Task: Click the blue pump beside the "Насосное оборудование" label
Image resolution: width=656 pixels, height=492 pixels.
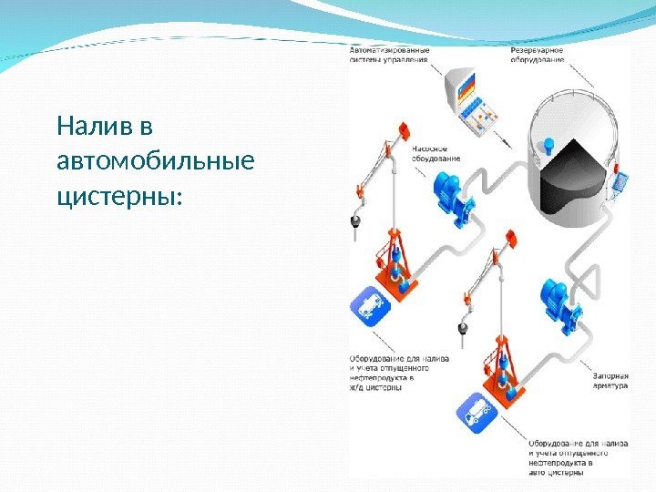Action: point(450,196)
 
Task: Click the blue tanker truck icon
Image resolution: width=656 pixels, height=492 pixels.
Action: point(480,415)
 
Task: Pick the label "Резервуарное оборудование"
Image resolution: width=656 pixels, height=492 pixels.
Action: point(537,54)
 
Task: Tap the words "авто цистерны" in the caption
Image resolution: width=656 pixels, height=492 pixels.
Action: point(559,473)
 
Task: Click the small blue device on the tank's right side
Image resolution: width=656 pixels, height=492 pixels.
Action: point(620,182)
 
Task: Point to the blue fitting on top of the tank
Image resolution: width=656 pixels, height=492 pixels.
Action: point(548,144)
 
